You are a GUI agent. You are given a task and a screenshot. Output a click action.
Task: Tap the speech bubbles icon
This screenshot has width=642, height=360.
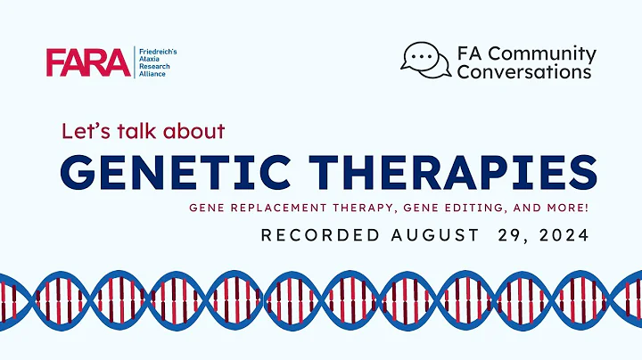click(x=425, y=61)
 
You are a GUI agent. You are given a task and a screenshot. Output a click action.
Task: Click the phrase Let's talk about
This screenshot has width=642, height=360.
click(x=144, y=131)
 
